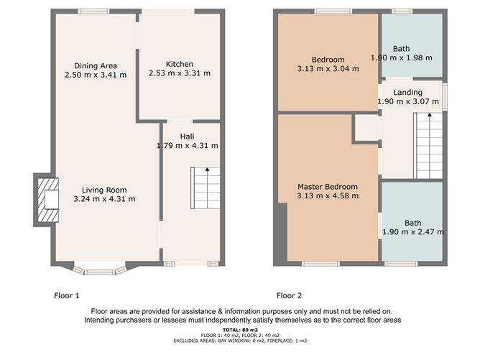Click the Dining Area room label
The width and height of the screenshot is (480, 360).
96,66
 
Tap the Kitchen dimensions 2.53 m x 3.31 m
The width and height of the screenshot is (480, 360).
180,73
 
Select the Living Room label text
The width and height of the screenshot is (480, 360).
104,190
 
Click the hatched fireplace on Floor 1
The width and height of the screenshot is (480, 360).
48,200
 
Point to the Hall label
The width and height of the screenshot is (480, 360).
187,137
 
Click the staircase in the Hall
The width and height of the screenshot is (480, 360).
205,188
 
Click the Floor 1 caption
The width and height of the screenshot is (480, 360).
66,296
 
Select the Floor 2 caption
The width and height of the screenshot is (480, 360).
289,296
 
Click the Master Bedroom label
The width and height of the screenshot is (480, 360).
328,187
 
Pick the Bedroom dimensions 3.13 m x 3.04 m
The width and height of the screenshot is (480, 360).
328,68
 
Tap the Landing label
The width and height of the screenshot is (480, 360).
407,93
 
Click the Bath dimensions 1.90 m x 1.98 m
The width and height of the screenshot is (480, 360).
402,57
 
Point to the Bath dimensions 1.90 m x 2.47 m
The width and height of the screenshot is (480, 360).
413,231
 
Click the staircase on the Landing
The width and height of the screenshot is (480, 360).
428,145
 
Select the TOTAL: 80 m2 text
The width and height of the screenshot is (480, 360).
240,330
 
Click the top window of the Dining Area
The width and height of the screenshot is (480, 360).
93,11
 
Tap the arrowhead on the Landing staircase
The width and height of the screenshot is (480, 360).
430,115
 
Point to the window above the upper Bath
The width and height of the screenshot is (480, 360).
402,11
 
